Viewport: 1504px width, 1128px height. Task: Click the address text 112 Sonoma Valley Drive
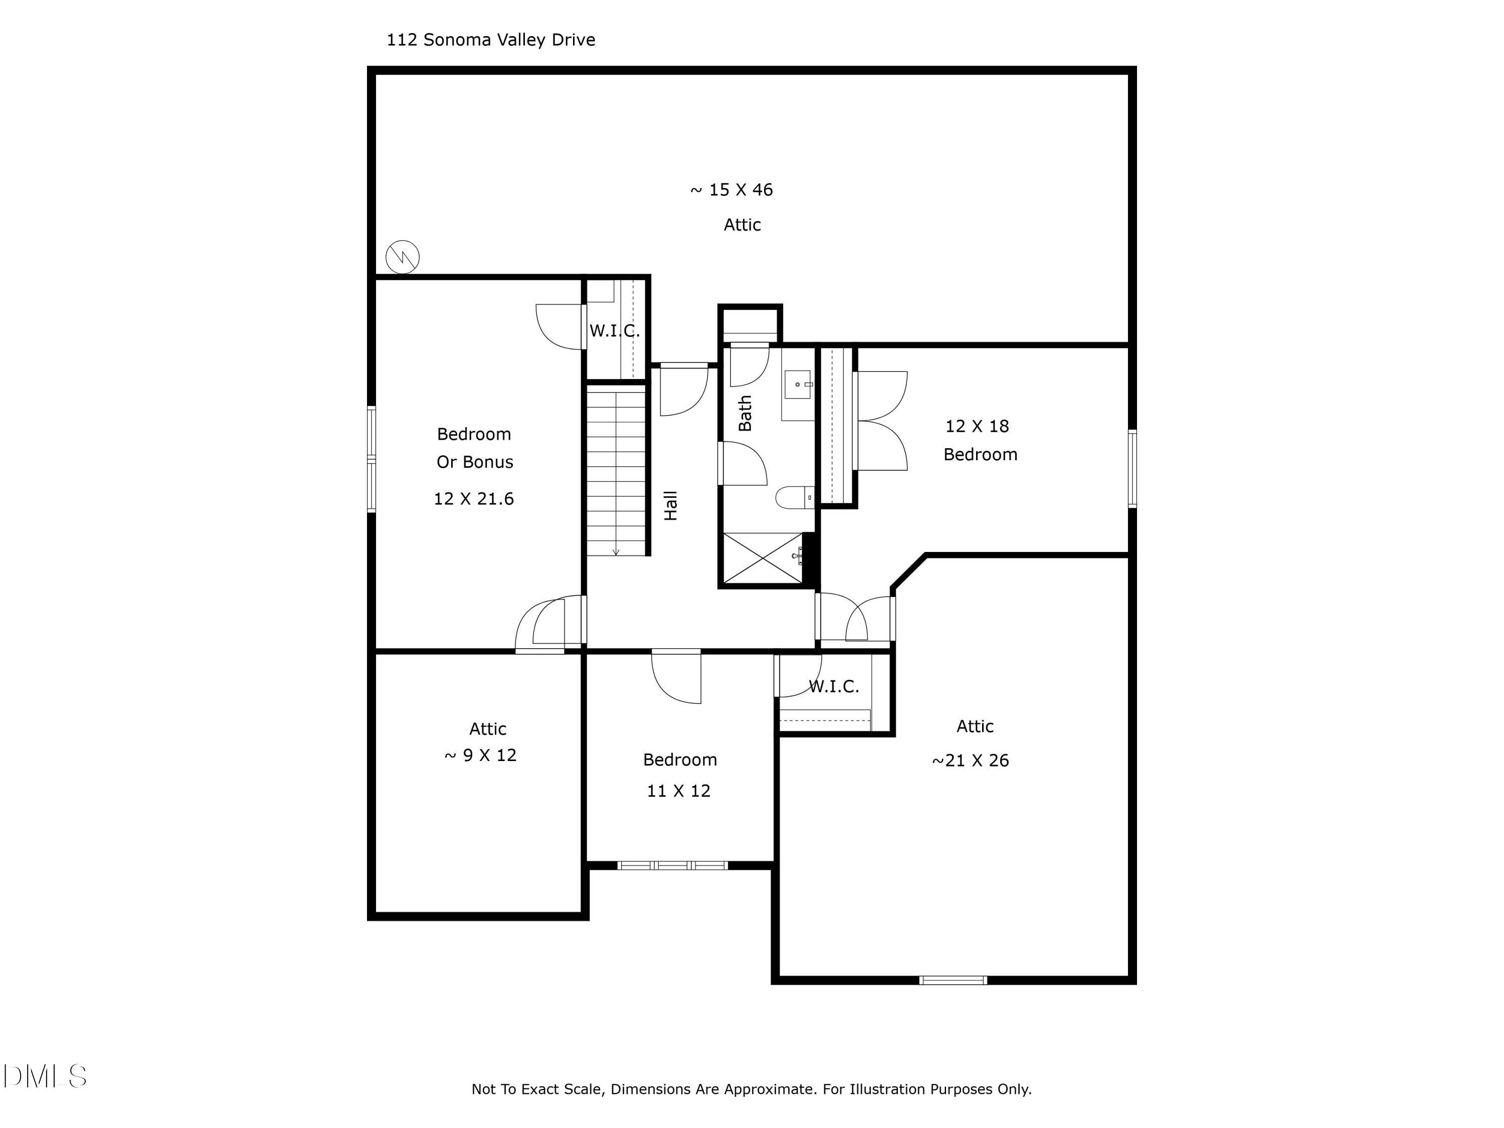490,40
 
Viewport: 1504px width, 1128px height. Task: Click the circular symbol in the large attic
403,257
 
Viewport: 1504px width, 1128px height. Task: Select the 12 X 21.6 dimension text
474,499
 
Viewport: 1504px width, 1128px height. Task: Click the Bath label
745,414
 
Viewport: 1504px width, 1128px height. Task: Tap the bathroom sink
798,385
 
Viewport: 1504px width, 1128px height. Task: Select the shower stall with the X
763,558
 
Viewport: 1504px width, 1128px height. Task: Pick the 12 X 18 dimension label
977,426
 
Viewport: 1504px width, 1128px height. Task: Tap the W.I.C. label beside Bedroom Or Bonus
614,331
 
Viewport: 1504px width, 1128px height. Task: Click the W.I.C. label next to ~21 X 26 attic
834,687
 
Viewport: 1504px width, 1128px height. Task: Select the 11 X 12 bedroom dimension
679,791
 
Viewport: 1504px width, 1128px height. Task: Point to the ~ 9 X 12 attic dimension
481,756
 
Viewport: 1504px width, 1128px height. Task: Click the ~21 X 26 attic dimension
970,761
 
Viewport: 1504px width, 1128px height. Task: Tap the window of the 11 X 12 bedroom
672,865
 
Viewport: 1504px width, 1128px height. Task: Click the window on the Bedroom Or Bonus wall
372,459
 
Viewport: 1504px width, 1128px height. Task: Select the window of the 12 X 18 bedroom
1132,468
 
